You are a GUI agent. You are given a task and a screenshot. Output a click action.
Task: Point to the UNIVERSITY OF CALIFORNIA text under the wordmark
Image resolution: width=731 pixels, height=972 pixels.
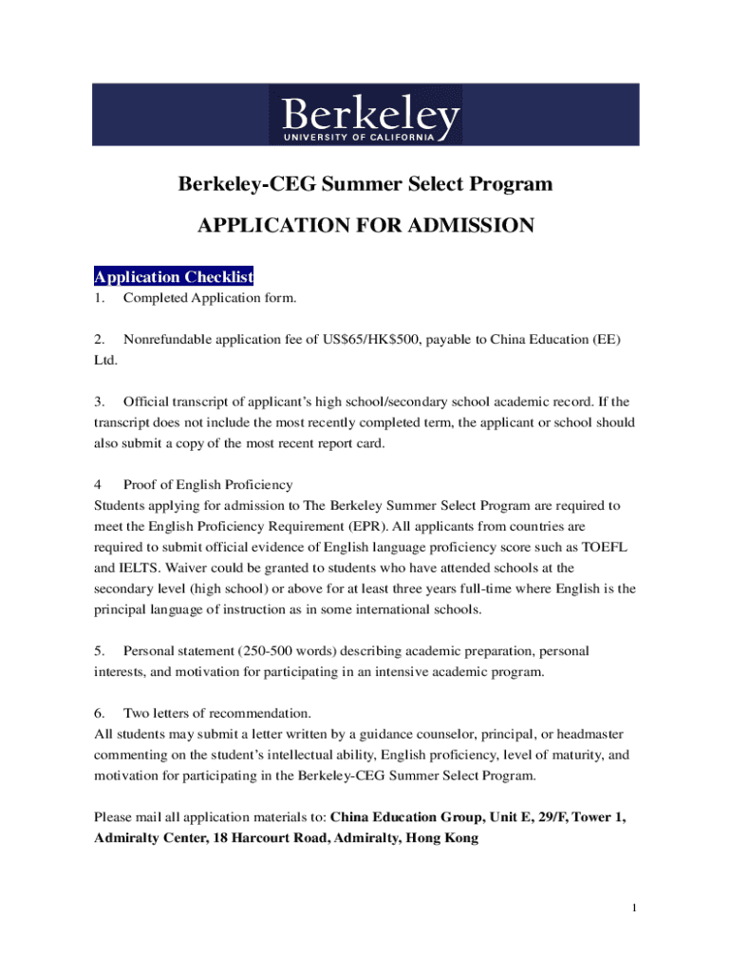point(360,137)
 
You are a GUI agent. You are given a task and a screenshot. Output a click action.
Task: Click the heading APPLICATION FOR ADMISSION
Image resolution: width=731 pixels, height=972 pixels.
point(365,226)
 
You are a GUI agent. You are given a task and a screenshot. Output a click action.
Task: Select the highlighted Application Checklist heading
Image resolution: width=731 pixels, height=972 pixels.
point(174,277)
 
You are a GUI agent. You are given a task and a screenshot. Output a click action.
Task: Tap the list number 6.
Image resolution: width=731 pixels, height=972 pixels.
point(98,714)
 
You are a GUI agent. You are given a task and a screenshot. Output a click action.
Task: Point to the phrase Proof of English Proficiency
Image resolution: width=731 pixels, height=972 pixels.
point(208,485)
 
